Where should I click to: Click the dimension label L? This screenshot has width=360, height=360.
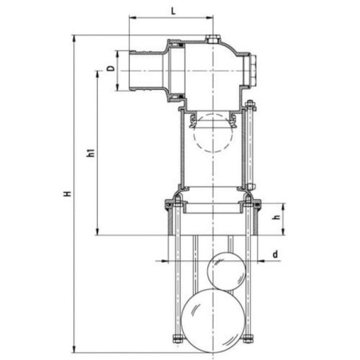pos(173,11)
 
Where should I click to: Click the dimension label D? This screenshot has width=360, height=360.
pos(111,68)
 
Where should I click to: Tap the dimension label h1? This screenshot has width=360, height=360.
pos(91,153)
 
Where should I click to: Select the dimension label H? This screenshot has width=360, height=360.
pos(68,194)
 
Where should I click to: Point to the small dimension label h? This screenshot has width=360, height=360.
pos(276,217)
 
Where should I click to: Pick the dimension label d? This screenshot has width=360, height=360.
pos(276,254)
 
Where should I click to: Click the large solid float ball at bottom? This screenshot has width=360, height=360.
pos(213,320)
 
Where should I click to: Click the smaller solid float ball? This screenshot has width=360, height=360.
pos(226,272)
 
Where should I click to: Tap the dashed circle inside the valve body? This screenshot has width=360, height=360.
pos(213,132)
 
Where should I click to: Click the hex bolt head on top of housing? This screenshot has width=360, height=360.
pos(213,39)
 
